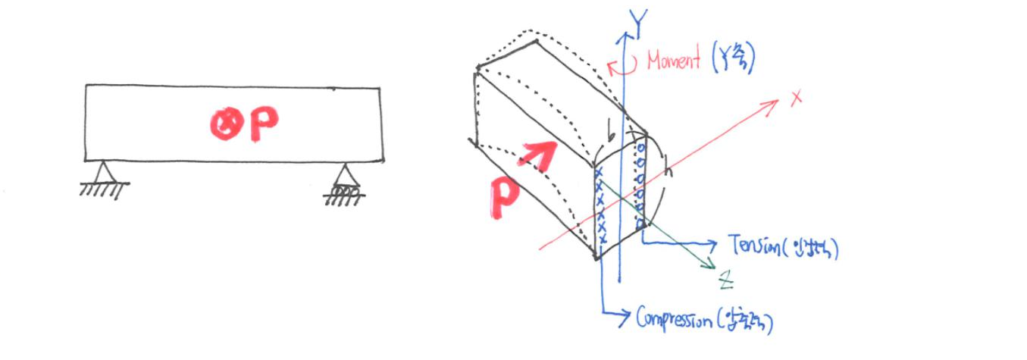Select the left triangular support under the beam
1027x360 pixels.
pos(105,171)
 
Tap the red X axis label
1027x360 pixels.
pos(795,98)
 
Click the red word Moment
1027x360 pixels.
pos(674,61)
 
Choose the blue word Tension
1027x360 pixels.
pos(759,245)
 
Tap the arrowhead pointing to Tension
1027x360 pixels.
pos(712,243)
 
